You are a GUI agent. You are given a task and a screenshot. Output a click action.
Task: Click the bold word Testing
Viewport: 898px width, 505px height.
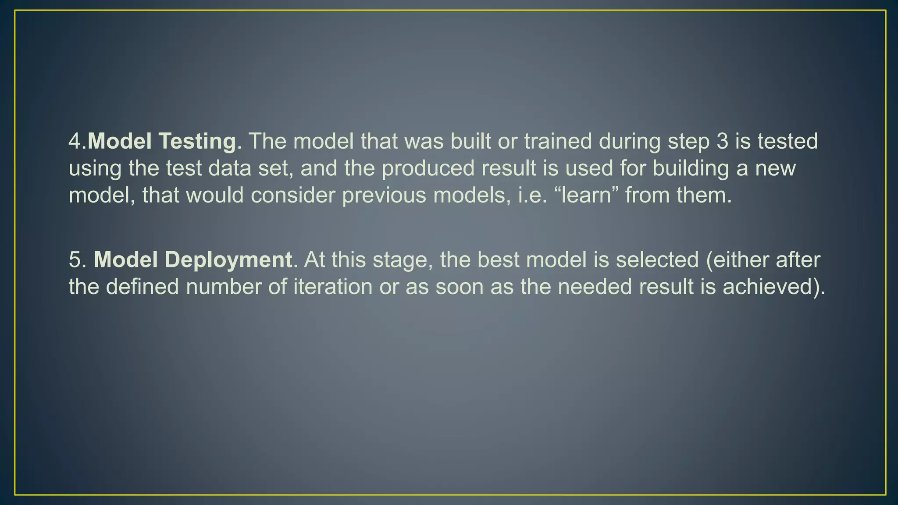point(197,142)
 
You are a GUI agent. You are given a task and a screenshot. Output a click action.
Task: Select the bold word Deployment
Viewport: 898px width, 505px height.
point(228,260)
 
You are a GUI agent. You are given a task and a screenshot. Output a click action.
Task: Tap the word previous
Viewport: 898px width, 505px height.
point(384,195)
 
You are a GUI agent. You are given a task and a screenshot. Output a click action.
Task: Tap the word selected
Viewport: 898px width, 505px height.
point(657,260)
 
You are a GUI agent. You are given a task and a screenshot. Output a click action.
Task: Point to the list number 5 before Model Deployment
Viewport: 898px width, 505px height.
point(75,260)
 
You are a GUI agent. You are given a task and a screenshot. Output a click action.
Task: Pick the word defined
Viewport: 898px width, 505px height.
point(142,287)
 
